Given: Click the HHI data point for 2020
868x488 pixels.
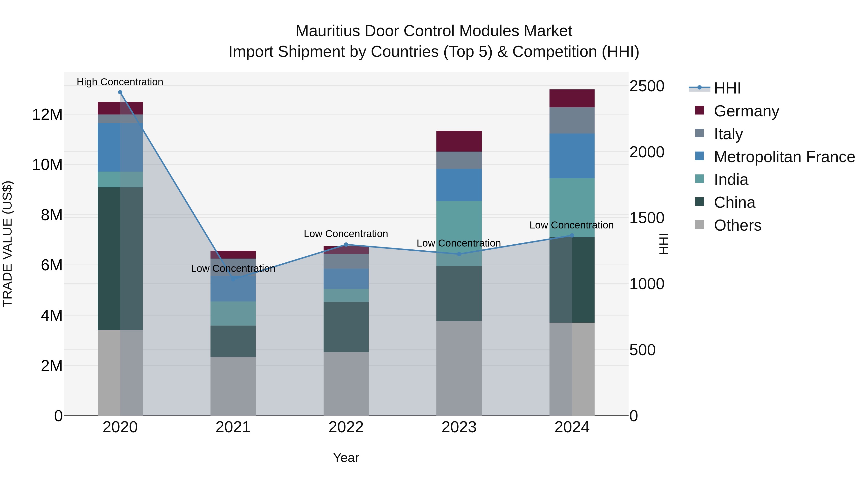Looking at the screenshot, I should click(x=120, y=92).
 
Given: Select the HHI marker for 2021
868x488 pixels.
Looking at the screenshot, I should click(x=233, y=279).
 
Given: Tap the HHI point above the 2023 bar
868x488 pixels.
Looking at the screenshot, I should click(x=459, y=254).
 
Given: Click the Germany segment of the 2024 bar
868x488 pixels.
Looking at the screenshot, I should click(x=572, y=98).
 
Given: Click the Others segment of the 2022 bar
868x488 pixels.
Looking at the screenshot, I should click(x=346, y=384).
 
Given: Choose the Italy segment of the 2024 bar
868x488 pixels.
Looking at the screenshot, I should click(x=572, y=120).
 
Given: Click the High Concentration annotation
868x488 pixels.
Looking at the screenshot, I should click(x=120, y=82).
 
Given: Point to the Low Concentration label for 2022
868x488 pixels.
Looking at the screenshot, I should click(x=346, y=234).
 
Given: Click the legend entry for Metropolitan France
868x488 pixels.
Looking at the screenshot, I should click(x=784, y=157).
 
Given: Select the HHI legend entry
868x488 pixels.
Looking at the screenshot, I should click(x=727, y=88).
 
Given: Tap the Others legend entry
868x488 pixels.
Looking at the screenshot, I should click(x=737, y=225).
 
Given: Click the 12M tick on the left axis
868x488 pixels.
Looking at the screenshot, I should click(x=47, y=114).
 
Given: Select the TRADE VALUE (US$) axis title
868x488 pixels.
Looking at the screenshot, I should click(x=7, y=244).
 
